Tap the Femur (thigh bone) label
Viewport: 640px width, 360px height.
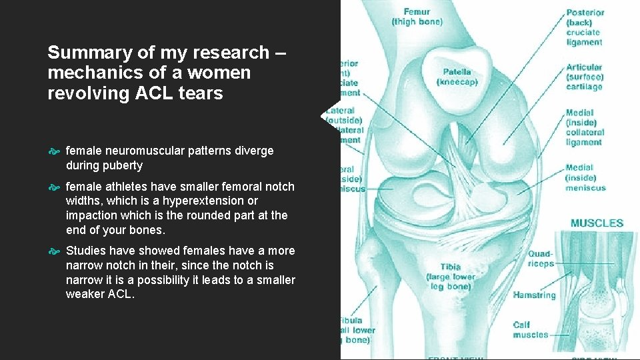(x=417, y=16)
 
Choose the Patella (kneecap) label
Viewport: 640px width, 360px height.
(x=457, y=77)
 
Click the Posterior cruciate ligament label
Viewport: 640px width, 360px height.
(x=584, y=27)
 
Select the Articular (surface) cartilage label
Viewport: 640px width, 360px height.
(x=584, y=77)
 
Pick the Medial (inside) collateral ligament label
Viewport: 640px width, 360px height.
(x=584, y=127)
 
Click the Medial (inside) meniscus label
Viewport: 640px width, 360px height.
(x=585, y=178)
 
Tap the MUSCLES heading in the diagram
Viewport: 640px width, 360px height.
(x=597, y=223)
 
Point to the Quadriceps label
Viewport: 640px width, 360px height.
(x=541, y=259)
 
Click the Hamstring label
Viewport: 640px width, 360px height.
(x=534, y=295)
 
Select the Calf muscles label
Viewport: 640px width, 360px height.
(x=531, y=330)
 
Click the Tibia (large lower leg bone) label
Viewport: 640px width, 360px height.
(x=453, y=277)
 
